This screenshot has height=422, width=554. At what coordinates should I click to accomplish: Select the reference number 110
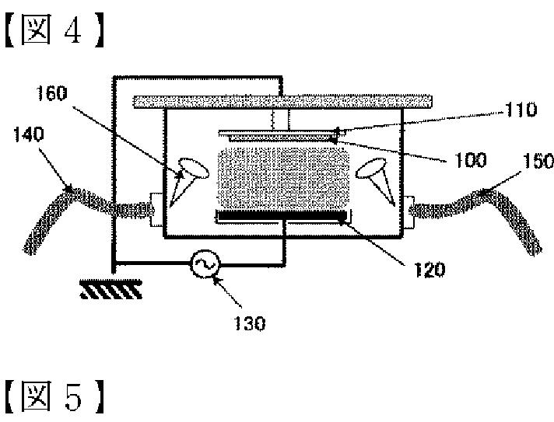pyautogui.click(x=521, y=111)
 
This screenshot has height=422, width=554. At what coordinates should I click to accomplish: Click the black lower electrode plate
pyautogui.click(x=282, y=214)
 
